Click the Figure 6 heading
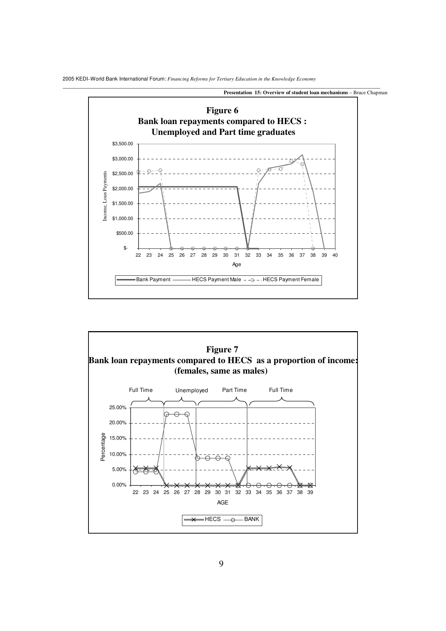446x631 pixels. (x=222, y=110)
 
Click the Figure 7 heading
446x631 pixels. (x=222, y=349)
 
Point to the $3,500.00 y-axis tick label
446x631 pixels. (x=123, y=144)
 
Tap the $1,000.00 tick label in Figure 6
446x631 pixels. (x=123, y=218)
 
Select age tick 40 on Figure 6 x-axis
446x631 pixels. (x=335, y=255)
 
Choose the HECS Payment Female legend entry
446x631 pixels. (x=291, y=279)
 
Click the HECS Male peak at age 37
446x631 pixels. (x=302, y=155)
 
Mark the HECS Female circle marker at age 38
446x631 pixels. (x=313, y=248)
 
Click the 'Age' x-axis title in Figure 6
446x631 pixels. (x=236, y=265)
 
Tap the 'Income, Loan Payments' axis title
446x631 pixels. (x=105, y=196)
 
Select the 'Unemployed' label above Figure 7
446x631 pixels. (x=192, y=390)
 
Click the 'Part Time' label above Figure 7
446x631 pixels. (x=235, y=390)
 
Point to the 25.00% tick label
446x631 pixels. (x=118, y=408)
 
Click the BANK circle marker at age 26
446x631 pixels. (x=177, y=414)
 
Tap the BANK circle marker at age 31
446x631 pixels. (x=228, y=458)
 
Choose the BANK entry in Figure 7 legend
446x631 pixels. (x=251, y=519)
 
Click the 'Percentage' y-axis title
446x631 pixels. (x=103, y=447)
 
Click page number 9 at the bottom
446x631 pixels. (x=221, y=564)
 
